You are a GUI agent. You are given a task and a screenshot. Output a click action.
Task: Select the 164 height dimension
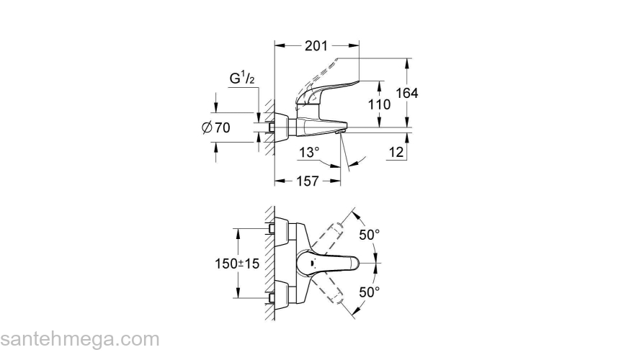pyautogui.click(x=407, y=94)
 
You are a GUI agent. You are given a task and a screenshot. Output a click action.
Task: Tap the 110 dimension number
pyautogui.click(x=379, y=104)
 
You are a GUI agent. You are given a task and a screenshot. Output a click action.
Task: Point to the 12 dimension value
pyautogui.click(x=396, y=152)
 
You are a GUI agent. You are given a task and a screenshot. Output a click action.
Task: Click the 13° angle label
pyautogui.click(x=308, y=152)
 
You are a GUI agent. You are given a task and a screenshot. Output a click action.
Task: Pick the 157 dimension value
pyautogui.click(x=308, y=181)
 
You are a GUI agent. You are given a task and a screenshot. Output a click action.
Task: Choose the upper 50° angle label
pyautogui.click(x=370, y=235)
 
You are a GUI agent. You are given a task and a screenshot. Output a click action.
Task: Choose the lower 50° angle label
pyautogui.click(x=370, y=292)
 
